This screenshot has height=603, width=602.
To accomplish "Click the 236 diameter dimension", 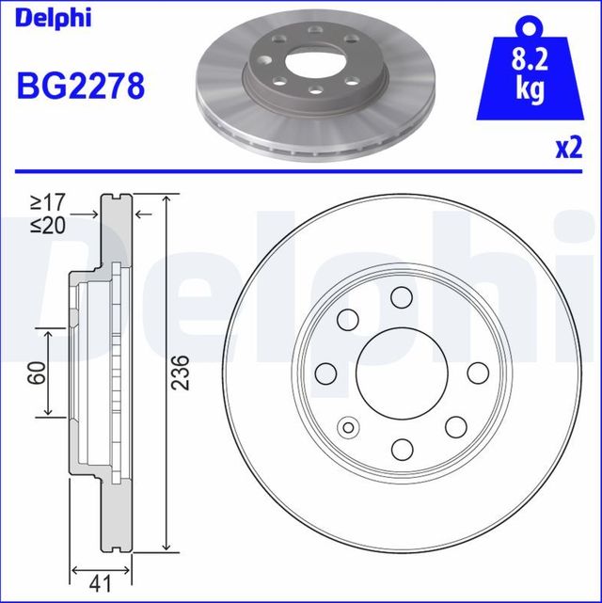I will point(182,373).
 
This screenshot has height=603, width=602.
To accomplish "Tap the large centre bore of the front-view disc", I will point(400,373).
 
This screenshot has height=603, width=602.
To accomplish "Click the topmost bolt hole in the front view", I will point(400,299).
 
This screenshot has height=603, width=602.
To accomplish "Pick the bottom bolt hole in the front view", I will point(400,447).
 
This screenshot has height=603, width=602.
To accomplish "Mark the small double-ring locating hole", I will point(350,429).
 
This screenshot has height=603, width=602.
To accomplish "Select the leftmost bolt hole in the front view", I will point(326,373).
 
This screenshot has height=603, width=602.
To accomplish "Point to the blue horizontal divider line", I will point(301,170).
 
